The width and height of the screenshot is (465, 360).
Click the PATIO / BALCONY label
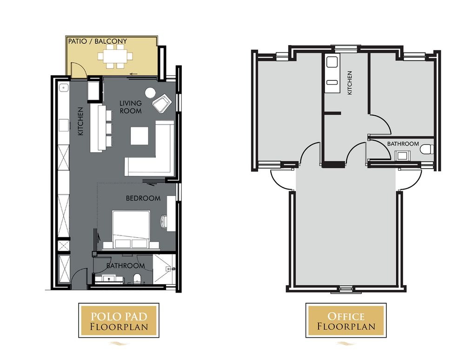tap(98, 41)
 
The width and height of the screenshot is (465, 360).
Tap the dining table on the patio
tap(115, 56)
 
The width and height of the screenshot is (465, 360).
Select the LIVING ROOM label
tap(131, 107)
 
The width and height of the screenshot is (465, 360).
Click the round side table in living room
tap(150, 93)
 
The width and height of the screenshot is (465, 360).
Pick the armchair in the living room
tap(162, 103)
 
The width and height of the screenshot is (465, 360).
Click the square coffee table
tap(139, 136)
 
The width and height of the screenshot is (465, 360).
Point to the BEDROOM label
tap(143, 198)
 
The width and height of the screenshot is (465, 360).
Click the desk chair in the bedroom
tap(164, 221)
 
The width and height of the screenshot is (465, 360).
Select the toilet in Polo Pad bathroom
tap(137, 279)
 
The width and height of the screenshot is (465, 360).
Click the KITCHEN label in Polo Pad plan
tap(80, 122)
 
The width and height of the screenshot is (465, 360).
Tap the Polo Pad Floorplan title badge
tap(119, 321)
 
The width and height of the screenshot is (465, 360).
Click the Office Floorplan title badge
tap(346, 321)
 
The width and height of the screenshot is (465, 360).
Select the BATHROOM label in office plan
tap(403, 144)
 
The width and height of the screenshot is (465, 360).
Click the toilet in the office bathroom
tap(427, 149)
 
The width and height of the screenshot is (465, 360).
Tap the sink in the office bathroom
tap(402, 155)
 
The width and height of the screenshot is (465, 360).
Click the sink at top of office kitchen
tap(332, 62)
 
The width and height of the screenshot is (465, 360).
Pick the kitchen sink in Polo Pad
tap(63, 88)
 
